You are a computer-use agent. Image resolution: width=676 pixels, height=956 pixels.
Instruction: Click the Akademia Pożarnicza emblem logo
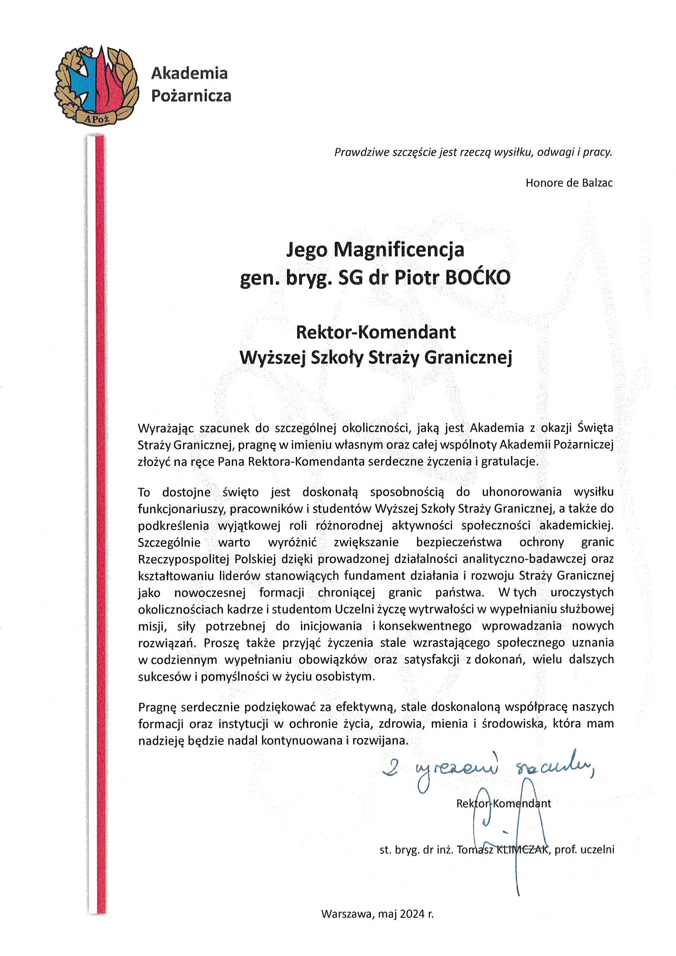coord(96,85)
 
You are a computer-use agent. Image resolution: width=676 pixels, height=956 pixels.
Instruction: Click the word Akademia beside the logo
coord(189,73)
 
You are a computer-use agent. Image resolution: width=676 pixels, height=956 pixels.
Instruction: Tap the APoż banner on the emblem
coord(96,119)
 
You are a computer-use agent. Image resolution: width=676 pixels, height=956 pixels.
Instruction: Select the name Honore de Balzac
coord(569,183)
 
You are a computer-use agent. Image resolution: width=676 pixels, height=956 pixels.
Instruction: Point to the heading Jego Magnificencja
coord(375,249)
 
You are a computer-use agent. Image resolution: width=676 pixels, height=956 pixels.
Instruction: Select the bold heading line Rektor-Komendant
coord(376,332)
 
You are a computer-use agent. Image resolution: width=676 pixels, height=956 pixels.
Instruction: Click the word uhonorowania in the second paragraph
coord(522,492)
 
